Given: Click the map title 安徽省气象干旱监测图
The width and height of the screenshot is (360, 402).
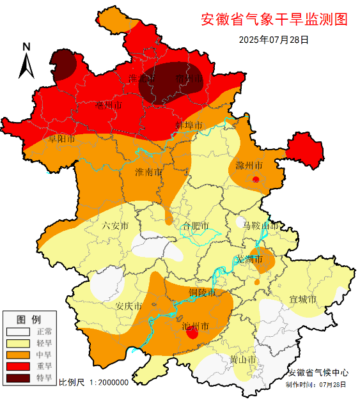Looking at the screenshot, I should click(274, 20).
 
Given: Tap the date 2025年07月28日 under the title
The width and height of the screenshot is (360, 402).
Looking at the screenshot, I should click(274, 40).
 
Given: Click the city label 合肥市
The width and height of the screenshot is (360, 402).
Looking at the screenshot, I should click(195, 226).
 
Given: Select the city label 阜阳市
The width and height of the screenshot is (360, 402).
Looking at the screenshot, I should click(62, 138).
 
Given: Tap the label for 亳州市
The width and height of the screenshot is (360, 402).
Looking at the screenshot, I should click(109, 105).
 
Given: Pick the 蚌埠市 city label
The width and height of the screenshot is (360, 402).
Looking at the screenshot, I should click(189, 125).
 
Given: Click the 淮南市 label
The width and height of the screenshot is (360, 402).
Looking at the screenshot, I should click(148, 173).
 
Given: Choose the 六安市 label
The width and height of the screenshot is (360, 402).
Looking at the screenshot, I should click(115, 226).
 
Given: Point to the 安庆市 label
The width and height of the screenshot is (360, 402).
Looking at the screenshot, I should click(128, 306).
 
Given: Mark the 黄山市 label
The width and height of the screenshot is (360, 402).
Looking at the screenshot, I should click(243, 360).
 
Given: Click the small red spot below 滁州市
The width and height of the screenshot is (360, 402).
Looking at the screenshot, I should click(256, 180).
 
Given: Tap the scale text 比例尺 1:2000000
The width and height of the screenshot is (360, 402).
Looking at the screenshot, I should click(94, 382).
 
